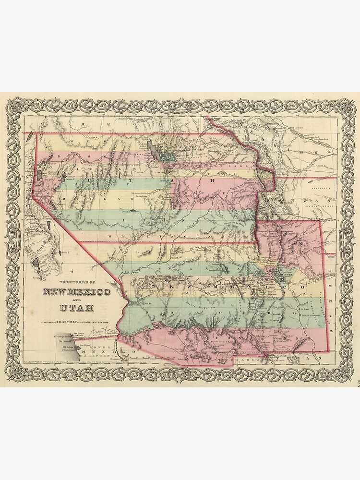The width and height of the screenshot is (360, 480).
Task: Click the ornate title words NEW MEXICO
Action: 77,292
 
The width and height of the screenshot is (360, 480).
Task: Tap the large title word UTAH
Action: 77,308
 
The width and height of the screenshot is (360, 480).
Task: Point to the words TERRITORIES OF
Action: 77,282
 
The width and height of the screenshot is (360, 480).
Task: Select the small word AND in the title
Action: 77,300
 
